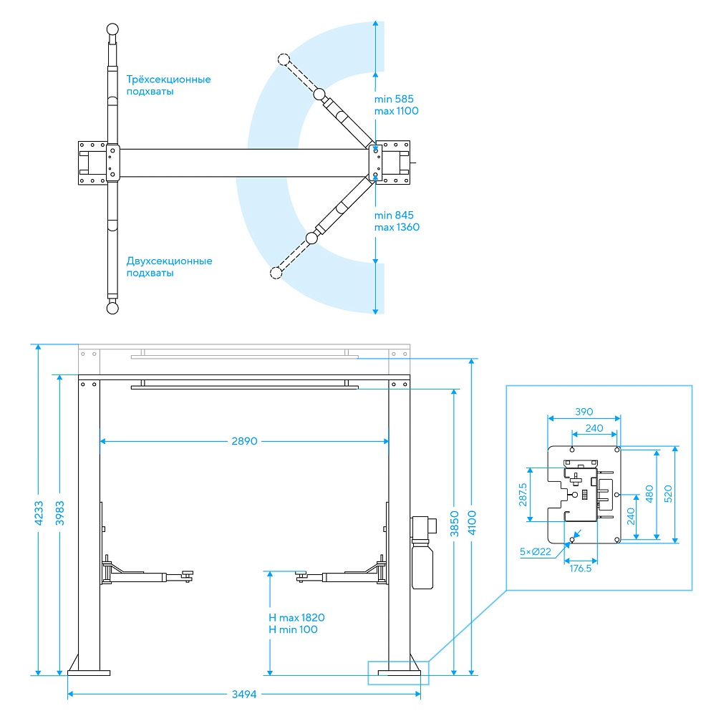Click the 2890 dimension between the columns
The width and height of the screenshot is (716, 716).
click(244, 441)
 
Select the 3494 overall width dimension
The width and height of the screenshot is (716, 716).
click(244, 694)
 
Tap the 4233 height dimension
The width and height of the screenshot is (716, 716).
click(39, 513)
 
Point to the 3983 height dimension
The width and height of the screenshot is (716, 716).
click(60, 513)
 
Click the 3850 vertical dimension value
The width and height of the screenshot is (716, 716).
click(455, 524)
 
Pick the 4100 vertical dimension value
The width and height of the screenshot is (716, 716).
click(472, 523)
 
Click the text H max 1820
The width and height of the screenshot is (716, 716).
click(296, 617)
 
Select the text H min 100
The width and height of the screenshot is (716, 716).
click(293, 629)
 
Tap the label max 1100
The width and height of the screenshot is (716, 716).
click(397, 111)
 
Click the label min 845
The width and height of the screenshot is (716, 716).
click(394, 215)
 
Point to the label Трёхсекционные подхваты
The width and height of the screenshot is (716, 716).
click(168, 85)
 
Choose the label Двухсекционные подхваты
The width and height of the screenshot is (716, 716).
click(170, 267)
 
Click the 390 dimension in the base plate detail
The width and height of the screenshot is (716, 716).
click(584, 412)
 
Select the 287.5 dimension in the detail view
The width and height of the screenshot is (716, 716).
click(523, 495)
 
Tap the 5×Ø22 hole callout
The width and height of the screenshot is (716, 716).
click(535, 551)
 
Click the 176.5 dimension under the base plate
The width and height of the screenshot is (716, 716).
click(581, 569)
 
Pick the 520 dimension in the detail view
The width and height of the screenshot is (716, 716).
click(668, 494)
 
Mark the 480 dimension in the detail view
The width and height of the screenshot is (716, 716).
click(649, 494)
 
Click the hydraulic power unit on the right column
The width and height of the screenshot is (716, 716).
click(423, 553)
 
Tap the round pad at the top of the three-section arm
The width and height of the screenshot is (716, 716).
click(112, 29)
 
